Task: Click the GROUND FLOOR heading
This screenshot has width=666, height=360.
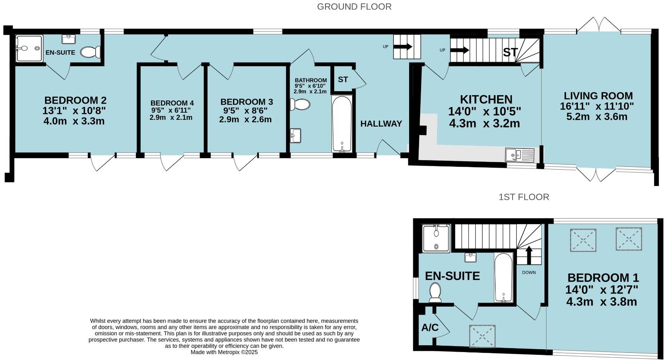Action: coord(354,7)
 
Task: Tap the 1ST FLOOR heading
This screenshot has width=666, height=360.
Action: coord(523,197)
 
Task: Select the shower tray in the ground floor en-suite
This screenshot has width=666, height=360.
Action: coord(29,49)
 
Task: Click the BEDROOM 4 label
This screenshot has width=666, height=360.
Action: coord(172,103)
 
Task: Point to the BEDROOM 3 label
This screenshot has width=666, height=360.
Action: coord(246,102)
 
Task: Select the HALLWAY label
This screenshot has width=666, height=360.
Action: coord(381,124)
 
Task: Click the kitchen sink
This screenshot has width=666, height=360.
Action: coord(519,155)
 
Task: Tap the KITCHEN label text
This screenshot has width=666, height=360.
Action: coord(486,99)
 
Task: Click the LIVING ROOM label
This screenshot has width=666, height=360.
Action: coord(598,96)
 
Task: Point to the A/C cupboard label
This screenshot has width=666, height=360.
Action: coord(430,328)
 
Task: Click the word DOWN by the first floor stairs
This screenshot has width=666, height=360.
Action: coord(529,272)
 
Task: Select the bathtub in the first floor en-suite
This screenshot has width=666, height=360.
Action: coord(504,277)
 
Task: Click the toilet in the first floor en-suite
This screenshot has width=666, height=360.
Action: coord(435,293)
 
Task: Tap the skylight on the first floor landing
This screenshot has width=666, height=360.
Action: coord(482,336)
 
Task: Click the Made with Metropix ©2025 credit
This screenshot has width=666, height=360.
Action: coord(224,352)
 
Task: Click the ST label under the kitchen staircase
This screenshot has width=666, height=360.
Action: coord(510,52)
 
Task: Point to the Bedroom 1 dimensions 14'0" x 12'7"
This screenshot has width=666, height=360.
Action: coord(601,289)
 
